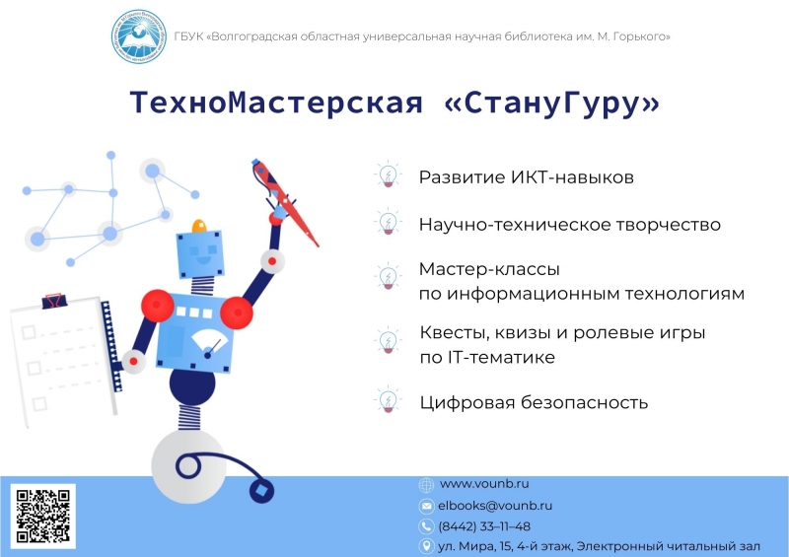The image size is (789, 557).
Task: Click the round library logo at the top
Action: [x=139, y=36]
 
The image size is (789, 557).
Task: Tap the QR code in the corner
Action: [x=42, y=517]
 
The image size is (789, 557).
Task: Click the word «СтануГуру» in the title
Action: [x=552, y=103]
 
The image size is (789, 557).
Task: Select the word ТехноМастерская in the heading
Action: [x=276, y=103]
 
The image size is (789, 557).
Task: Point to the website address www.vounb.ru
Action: [x=484, y=483]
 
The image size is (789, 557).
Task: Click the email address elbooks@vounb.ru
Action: [x=495, y=505]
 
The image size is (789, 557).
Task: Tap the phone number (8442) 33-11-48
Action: [x=484, y=526]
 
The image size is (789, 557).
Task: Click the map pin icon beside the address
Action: [x=426, y=546]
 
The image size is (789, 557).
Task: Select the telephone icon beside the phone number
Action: [x=426, y=526]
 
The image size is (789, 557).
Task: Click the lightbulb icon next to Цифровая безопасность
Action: [x=388, y=400]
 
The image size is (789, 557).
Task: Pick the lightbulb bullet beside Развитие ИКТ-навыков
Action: [x=388, y=174]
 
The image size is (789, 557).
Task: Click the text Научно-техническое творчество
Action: [x=570, y=225]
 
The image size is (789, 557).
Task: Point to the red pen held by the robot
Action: [x=284, y=202]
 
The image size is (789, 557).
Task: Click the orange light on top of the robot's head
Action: [x=199, y=226]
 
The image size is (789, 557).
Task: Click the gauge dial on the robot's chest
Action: [x=208, y=344]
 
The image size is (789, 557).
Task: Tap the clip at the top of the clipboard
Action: [x=54, y=301]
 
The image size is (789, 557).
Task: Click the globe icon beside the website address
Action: [x=426, y=485]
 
